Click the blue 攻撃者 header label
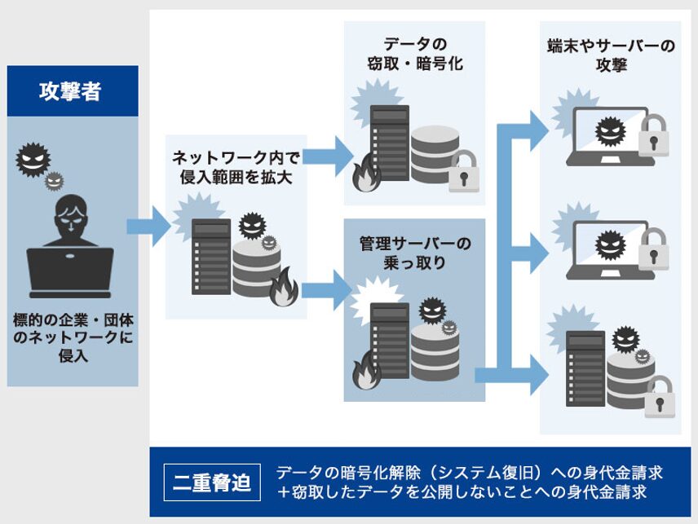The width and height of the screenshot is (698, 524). (x=72, y=90)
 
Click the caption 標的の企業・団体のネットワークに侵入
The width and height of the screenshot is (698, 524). (x=73, y=337)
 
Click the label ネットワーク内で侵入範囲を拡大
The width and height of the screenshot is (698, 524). (x=236, y=167)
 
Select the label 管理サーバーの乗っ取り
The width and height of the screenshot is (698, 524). (x=415, y=253)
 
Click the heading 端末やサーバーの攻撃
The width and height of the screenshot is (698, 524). (x=610, y=55)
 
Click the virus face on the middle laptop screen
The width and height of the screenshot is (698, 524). (x=608, y=244)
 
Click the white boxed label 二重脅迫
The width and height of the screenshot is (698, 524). (x=212, y=482)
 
